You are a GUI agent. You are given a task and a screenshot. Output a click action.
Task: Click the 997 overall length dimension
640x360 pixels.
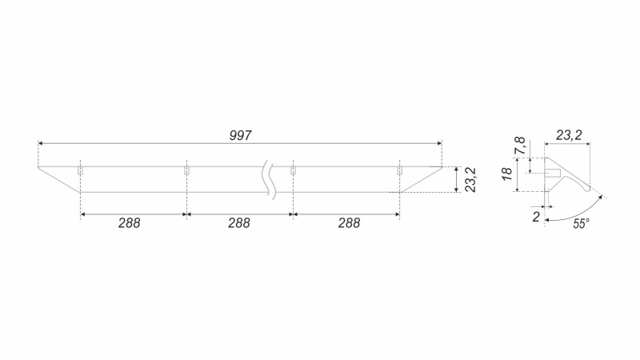coord(240,135)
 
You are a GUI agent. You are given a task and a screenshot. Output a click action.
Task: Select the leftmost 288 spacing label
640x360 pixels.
coord(130,223)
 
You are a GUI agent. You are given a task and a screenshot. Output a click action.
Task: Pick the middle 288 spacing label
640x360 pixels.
coord(238,223)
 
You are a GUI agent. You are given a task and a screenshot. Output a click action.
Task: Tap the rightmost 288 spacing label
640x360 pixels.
coord(349,223)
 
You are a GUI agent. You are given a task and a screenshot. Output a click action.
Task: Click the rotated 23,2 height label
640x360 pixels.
coord(470,179)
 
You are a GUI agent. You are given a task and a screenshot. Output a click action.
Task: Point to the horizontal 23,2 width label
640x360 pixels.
coord(569,135)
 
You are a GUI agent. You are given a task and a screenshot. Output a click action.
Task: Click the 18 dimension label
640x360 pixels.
coord(506,174)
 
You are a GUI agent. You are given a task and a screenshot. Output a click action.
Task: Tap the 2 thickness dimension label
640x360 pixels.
coord(536,217)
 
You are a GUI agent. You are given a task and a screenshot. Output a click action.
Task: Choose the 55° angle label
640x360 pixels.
coord(582,224)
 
